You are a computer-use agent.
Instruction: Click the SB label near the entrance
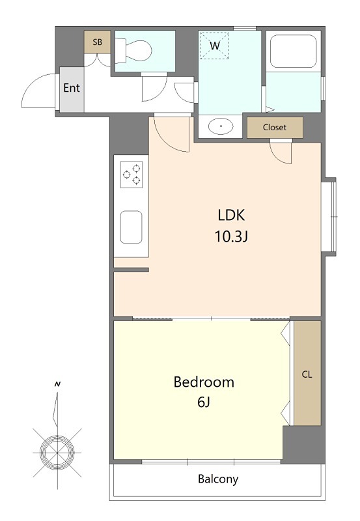97,42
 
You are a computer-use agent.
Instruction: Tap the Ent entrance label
72,88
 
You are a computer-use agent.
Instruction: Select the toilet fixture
133,51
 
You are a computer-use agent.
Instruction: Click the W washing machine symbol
215,46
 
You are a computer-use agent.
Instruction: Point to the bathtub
293,51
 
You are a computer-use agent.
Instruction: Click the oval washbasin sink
221,126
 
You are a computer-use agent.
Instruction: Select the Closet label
275,127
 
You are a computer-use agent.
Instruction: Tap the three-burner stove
132,175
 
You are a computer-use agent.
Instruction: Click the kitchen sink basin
132,227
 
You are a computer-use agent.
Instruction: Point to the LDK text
232,216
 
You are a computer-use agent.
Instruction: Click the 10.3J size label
232,236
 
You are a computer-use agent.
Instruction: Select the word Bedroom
204,382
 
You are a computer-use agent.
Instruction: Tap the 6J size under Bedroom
204,402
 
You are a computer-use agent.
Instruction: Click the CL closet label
307,374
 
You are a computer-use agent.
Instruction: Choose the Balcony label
218,479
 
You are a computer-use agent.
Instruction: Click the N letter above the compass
58,384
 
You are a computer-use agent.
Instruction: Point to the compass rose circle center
57,452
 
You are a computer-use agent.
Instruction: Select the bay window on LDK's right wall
329,217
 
